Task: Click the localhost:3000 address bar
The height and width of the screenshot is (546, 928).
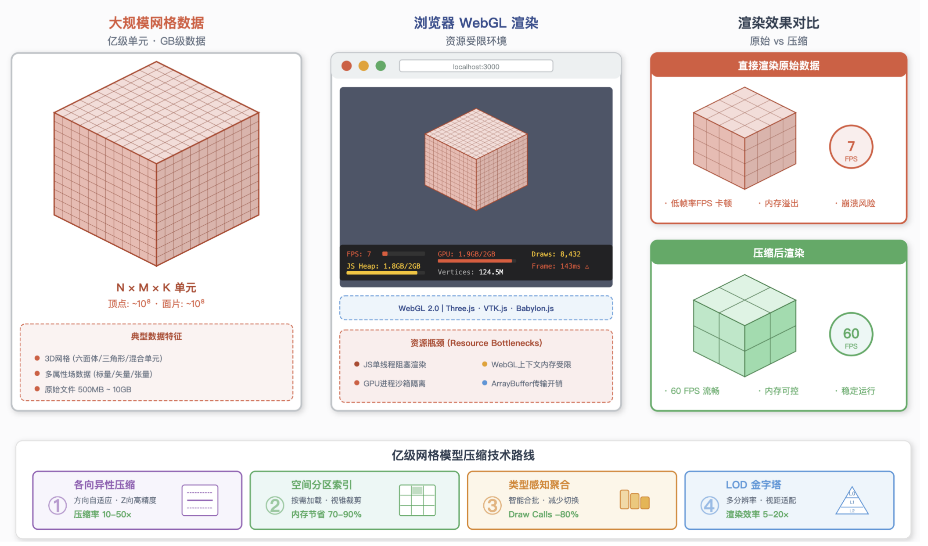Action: (x=476, y=66)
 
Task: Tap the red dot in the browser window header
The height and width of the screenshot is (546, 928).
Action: (x=346, y=66)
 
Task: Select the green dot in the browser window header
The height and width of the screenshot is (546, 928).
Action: (x=381, y=66)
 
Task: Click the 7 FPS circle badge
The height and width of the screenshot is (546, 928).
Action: (x=851, y=147)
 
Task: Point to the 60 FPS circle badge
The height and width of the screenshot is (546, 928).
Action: (x=851, y=334)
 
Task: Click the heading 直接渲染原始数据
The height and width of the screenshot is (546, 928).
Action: (x=778, y=65)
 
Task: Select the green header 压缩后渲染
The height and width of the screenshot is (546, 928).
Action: (x=778, y=253)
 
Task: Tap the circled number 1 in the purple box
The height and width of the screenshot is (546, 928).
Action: (x=57, y=505)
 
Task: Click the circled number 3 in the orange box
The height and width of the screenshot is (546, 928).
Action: (x=492, y=505)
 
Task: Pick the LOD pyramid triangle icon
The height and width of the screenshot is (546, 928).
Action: (x=852, y=501)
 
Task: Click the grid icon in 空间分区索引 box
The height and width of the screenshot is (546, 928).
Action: (x=417, y=500)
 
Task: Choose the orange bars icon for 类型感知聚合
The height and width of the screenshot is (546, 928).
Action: (x=634, y=500)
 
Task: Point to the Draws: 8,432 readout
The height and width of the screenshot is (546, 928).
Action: (x=556, y=254)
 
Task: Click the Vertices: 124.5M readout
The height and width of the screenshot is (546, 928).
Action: (x=470, y=272)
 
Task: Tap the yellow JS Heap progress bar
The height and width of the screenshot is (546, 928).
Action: (x=382, y=273)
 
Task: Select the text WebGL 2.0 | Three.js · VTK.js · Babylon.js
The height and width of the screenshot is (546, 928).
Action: (x=476, y=308)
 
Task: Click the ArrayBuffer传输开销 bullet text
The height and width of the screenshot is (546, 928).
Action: (x=526, y=384)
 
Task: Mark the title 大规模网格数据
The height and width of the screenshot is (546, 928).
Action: (x=156, y=23)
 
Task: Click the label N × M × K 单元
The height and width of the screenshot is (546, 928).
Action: (x=156, y=287)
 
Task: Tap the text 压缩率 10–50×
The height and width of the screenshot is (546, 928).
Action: (x=102, y=514)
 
